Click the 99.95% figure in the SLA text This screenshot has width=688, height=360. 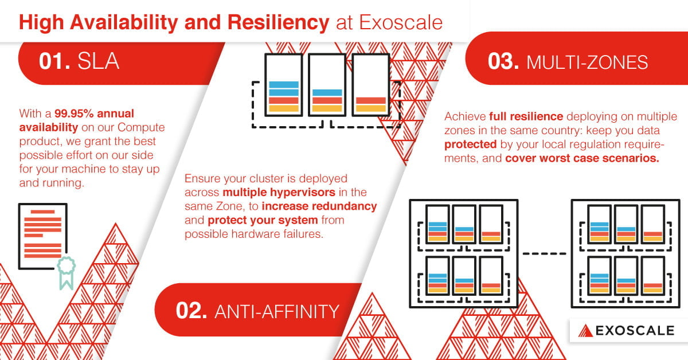[76, 113]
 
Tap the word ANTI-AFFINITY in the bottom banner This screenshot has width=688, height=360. [276, 311]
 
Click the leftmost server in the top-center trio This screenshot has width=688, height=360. [284, 85]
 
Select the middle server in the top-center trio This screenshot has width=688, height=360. [327, 85]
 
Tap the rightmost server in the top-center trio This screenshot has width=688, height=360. [370, 85]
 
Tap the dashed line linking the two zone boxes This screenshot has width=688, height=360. [545, 253]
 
